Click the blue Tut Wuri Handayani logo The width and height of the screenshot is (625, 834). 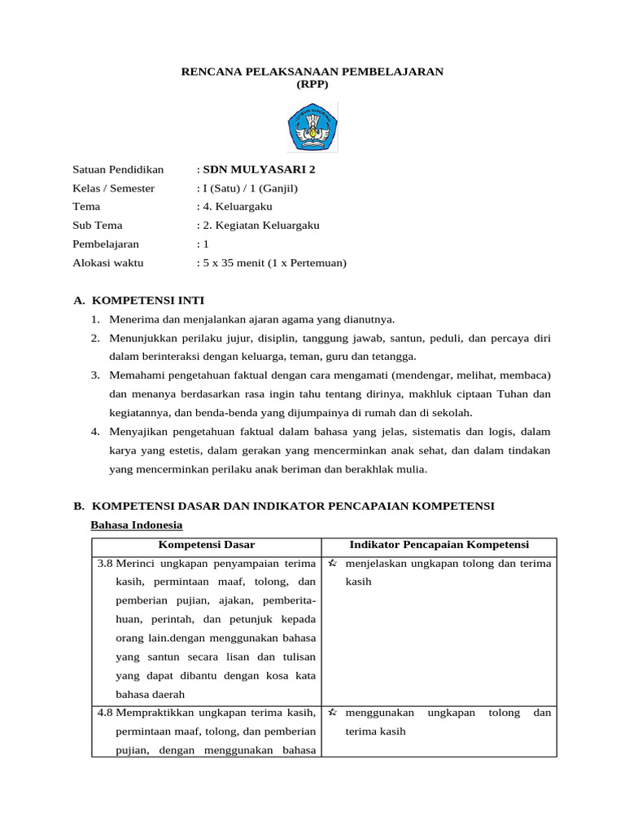tap(312, 128)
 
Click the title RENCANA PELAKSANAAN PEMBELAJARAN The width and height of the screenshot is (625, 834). tap(312, 72)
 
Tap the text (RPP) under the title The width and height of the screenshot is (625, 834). tap(312, 84)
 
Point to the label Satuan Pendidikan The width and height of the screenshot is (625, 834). tap(118, 169)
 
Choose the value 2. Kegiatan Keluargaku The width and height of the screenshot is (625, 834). tap(260, 226)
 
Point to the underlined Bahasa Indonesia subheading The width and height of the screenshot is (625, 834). tap(136, 525)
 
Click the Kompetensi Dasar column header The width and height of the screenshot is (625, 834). tap(207, 545)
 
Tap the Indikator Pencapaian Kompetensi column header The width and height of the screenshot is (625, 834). tap(439, 545)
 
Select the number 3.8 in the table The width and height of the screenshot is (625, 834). tap(105, 564)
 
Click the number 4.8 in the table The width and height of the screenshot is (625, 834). tap(105, 713)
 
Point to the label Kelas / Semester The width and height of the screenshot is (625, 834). tap(113, 188)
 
